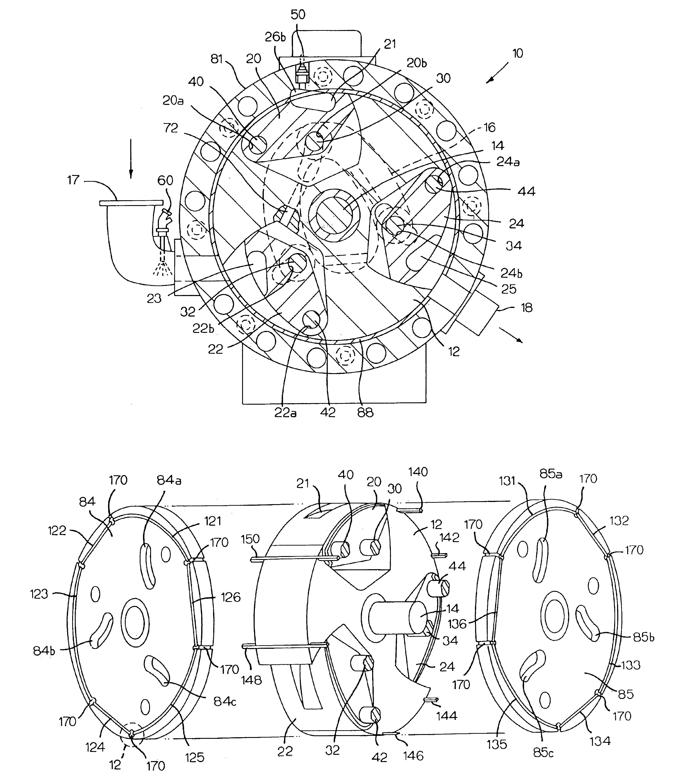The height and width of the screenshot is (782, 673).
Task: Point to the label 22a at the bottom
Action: point(285,413)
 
